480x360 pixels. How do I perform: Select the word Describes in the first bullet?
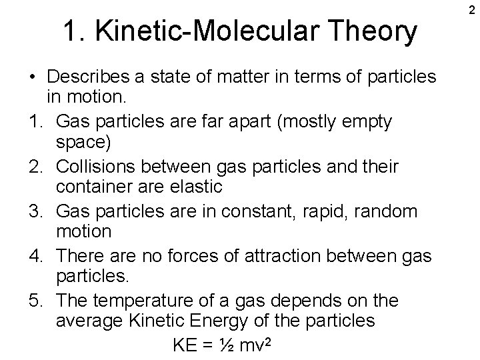click(90, 78)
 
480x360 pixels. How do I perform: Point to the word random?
click(395, 211)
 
